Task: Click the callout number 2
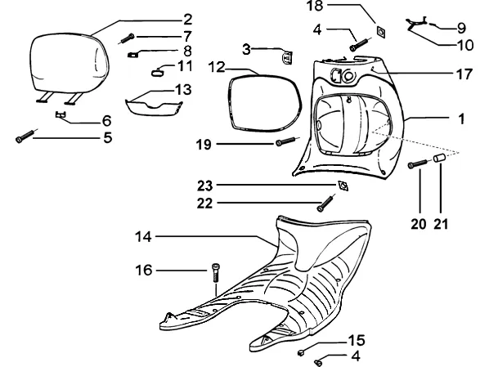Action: tap(188, 20)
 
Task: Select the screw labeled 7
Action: tap(127, 39)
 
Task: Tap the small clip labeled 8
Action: tap(132, 55)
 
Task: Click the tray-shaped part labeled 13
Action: tap(154, 107)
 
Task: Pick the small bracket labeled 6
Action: tap(61, 114)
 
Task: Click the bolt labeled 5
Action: tap(25, 137)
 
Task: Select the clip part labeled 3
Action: tap(287, 58)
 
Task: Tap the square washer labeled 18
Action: tap(381, 32)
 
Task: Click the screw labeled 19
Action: tap(286, 142)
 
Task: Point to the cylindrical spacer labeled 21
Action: tap(440, 158)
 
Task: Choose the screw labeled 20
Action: tap(417, 163)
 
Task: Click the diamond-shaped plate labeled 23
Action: tap(343, 186)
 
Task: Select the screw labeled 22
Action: tap(325, 204)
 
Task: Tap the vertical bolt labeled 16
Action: tap(216, 278)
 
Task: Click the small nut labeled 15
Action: tap(301, 352)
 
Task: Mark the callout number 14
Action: tap(143, 237)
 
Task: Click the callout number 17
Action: tap(464, 75)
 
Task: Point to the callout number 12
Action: tap(217, 67)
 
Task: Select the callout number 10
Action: tap(465, 46)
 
